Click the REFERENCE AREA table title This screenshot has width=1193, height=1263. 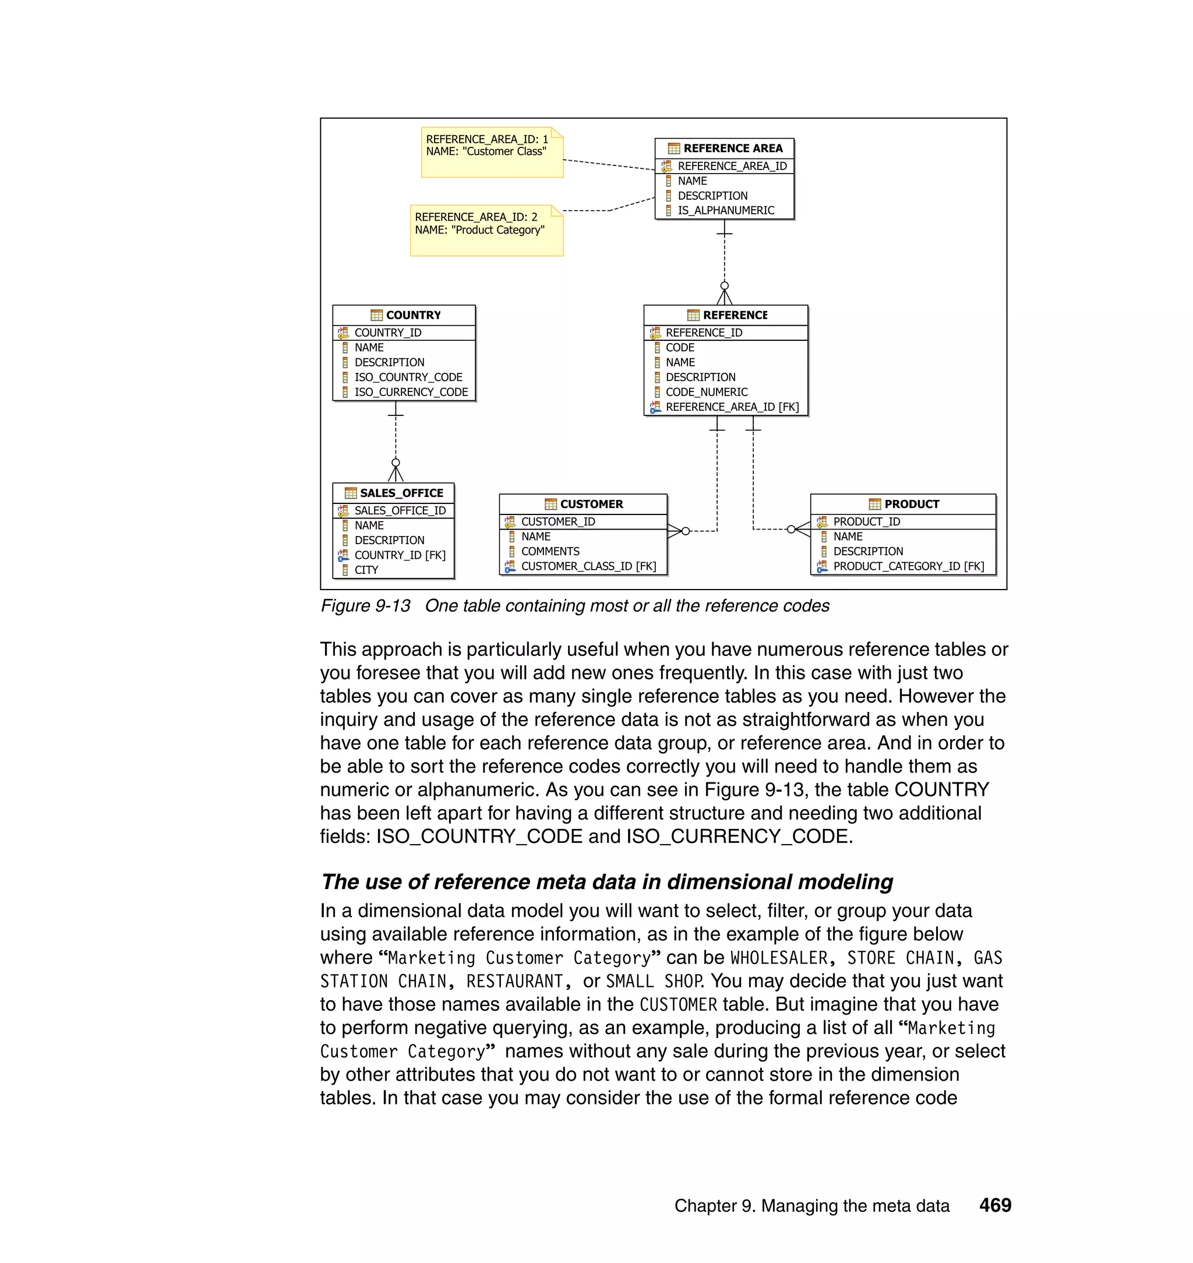tap(732, 148)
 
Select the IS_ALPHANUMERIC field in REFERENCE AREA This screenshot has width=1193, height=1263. tap(725, 210)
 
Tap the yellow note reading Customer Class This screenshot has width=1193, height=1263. tap(492, 153)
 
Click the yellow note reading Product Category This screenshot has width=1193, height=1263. tap(486, 230)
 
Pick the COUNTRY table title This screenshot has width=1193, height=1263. tap(413, 315)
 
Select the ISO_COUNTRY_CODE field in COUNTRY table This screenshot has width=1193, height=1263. tap(408, 377)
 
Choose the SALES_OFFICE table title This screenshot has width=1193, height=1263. tap(401, 493)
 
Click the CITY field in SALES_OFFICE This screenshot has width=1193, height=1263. tap(366, 570)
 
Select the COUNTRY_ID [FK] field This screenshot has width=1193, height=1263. tap(400, 555)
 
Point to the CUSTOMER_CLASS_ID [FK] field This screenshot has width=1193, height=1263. tap(588, 567)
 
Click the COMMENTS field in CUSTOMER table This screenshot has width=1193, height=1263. tap(550, 551)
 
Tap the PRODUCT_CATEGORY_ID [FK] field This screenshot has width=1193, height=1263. tap(908, 567)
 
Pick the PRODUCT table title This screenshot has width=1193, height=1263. tap(910, 505)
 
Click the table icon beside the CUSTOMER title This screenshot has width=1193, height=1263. tap(550, 505)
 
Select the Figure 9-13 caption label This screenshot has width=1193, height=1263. tap(365, 606)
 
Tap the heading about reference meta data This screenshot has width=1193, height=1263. tap(606, 882)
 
